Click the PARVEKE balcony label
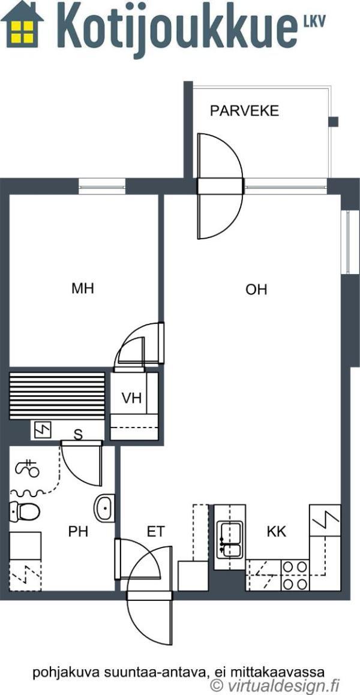pyautogui.click(x=244, y=110)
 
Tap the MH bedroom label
pyautogui.click(x=83, y=288)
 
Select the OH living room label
pyautogui.click(x=256, y=290)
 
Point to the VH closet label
pyautogui.click(x=131, y=398)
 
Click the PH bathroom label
pyautogui.click(x=78, y=531)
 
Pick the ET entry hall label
pyautogui.click(x=155, y=531)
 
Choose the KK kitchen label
pyautogui.click(x=276, y=531)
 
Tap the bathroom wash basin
pyautogui.click(x=104, y=508)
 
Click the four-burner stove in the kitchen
pyautogui.click(x=295, y=575)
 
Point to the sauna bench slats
pyautogui.click(x=57, y=395)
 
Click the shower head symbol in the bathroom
pyautogui.click(x=28, y=468)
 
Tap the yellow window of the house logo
pyautogui.click(x=22, y=32)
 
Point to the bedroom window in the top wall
pyautogui.click(x=102, y=186)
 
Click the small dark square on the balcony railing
pyautogui.click(x=333, y=122)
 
